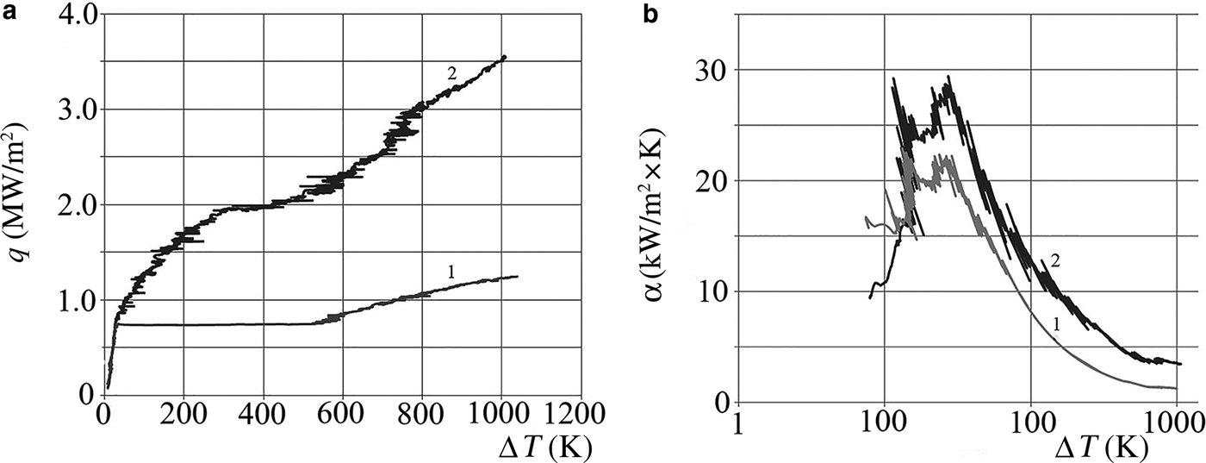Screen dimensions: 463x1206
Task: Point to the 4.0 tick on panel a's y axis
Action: [68, 16]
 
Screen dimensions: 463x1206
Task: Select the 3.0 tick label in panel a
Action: [68, 109]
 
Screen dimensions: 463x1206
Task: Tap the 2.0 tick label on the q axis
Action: [68, 205]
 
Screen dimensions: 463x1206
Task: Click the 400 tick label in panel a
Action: [264, 411]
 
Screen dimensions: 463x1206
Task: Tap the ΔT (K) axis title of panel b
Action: [1111, 447]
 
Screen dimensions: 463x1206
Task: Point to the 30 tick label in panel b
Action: [712, 70]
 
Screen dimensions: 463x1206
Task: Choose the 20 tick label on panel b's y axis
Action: [712, 181]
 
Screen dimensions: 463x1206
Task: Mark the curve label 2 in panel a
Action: [451, 72]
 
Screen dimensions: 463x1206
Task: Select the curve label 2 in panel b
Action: [1053, 261]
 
